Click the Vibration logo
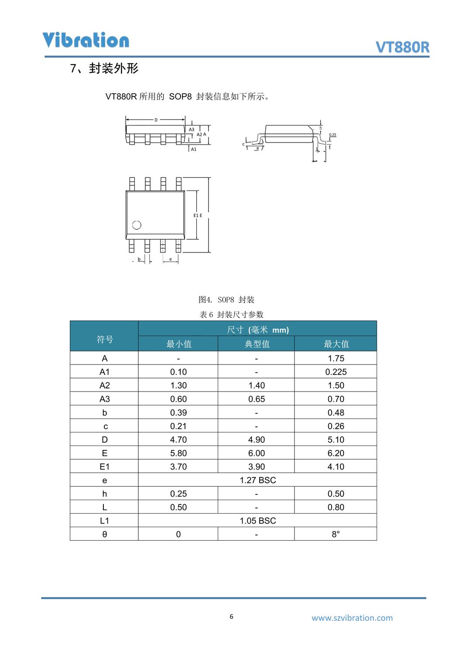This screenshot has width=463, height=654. [x=86, y=40]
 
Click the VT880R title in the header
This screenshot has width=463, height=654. [x=402, y=47]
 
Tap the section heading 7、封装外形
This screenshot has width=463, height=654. [x=105, y=68]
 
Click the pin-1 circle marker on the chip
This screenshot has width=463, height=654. [x=137, y=225]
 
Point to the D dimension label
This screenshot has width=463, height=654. [x=156, y=120]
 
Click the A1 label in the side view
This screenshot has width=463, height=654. [x=194, y=149]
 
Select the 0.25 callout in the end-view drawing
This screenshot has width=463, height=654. [x=333, y=135]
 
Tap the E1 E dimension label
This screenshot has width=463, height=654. [x=198, y=215]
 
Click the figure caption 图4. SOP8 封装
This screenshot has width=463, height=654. [x=226, y=300]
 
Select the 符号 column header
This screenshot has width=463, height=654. [x=104, y=339]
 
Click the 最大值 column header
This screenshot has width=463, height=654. [x=336, y=344]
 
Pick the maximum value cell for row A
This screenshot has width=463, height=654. [x=336, y=358]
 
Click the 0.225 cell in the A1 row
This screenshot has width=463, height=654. [x=336, y=372]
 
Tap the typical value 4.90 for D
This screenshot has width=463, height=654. [x=257, y=439]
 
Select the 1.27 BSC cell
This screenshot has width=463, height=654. [x=257, y=480]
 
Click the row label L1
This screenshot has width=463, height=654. [x=104, y=521]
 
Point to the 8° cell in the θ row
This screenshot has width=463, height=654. [x=336, y=534]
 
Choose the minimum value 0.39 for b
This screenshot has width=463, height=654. [x=178, y=412]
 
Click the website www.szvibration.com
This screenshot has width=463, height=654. [x=352, y=618]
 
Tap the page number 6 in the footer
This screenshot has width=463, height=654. [x=231, y=617]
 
